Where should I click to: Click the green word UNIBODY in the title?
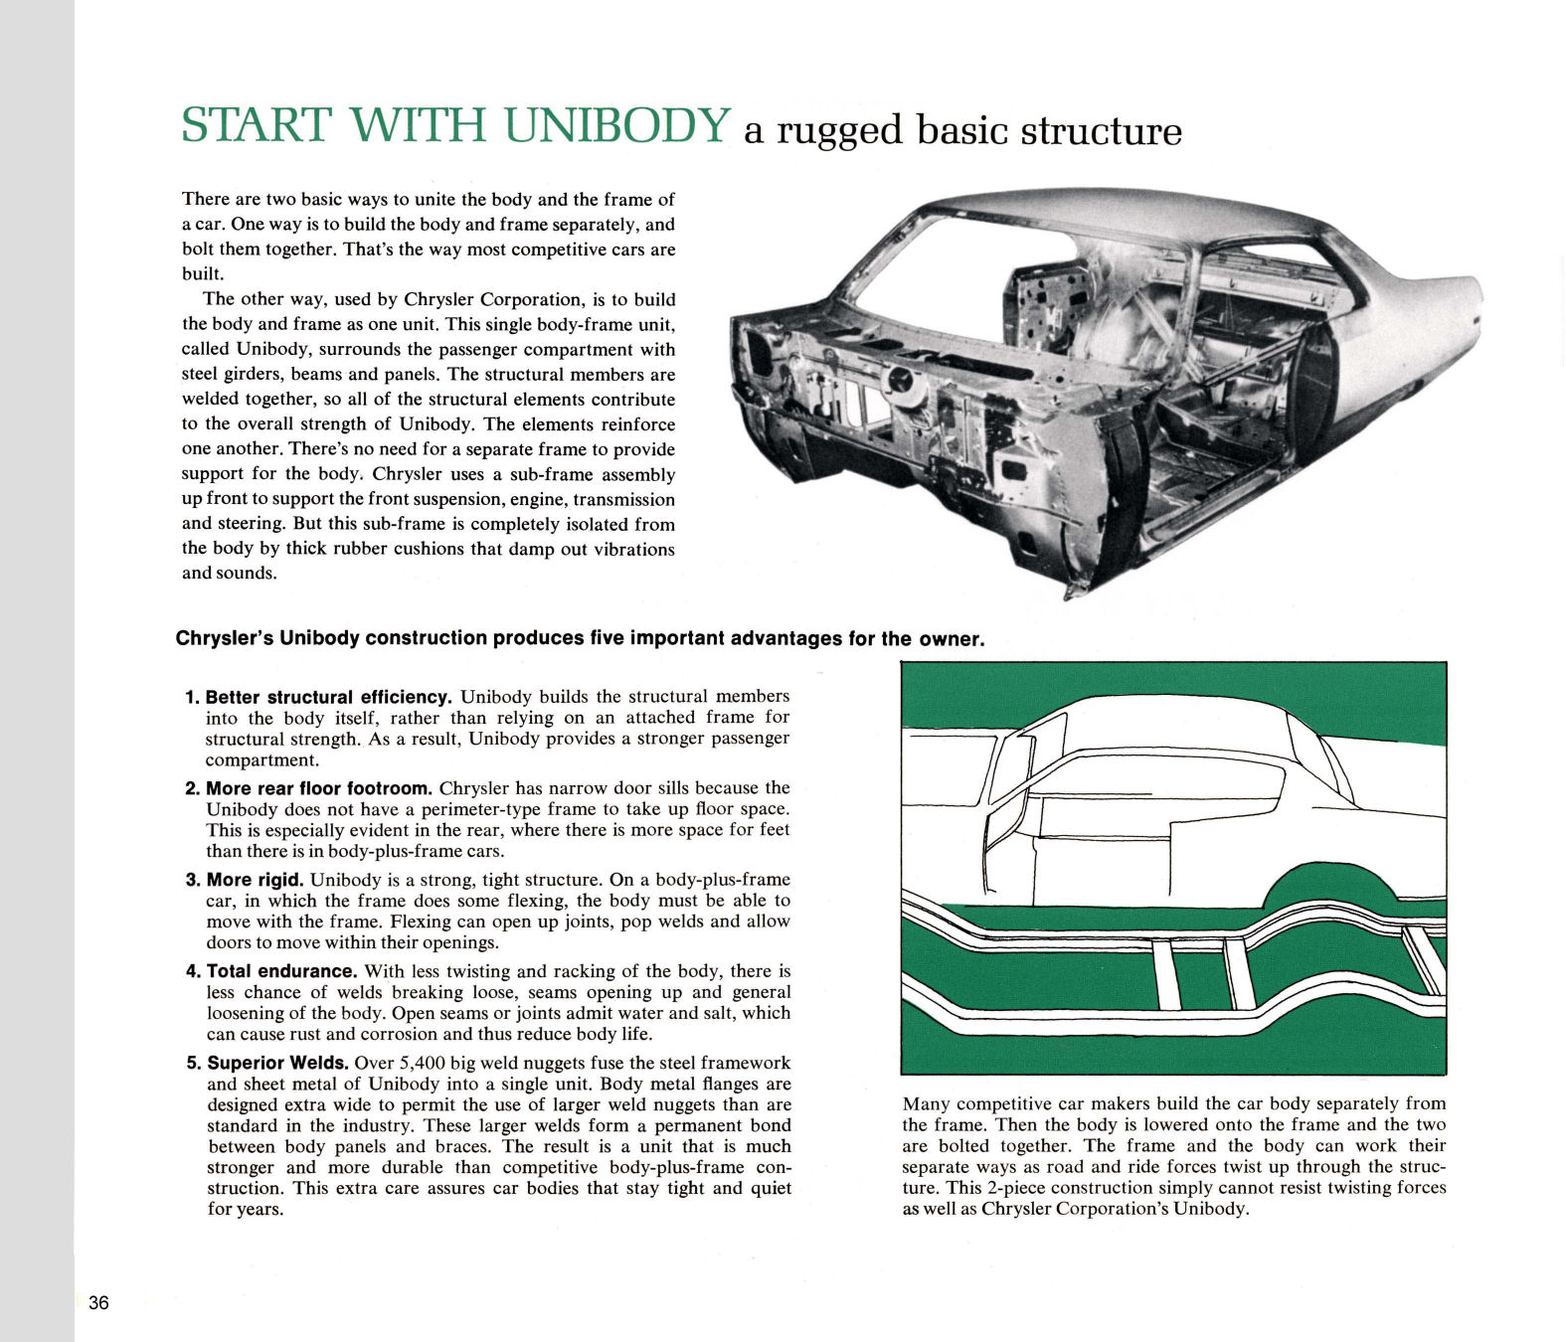(x=617, y=125)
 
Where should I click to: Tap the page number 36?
(x=98, y=1303)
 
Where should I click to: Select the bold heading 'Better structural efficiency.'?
(x=328, y=697)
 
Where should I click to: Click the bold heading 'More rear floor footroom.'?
(x=318, y=788)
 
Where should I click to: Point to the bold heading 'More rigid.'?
(x=255, y=880)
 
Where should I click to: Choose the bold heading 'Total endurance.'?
(x=281, y=971)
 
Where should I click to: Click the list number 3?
(x=193, y=880)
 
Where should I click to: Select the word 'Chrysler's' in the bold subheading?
(x=225, y=638)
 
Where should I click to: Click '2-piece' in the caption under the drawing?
(x=1014, y=1188)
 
